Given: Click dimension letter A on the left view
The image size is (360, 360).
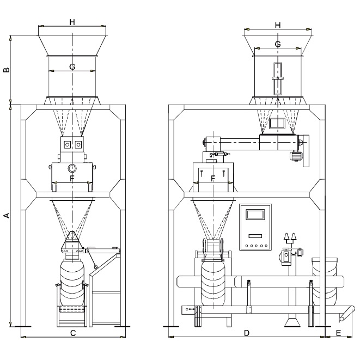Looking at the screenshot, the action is coord(7,216).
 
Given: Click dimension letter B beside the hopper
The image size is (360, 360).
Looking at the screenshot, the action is coord(7,70).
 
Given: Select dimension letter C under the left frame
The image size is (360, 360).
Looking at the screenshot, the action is coord(73,333).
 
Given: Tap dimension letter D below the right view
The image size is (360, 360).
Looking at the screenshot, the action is coord(247,333).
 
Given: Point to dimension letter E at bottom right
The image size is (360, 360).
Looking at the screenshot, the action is coord(338,333).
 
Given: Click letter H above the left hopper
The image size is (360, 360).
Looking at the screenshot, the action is coord(72,22).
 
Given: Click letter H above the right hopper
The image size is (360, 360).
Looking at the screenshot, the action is coord(278,25).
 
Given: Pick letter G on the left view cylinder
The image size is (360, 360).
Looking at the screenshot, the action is coord(72,67).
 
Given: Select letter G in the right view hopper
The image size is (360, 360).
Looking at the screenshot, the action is coord(278,44).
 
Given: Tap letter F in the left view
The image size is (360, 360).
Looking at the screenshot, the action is coord(72,179).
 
